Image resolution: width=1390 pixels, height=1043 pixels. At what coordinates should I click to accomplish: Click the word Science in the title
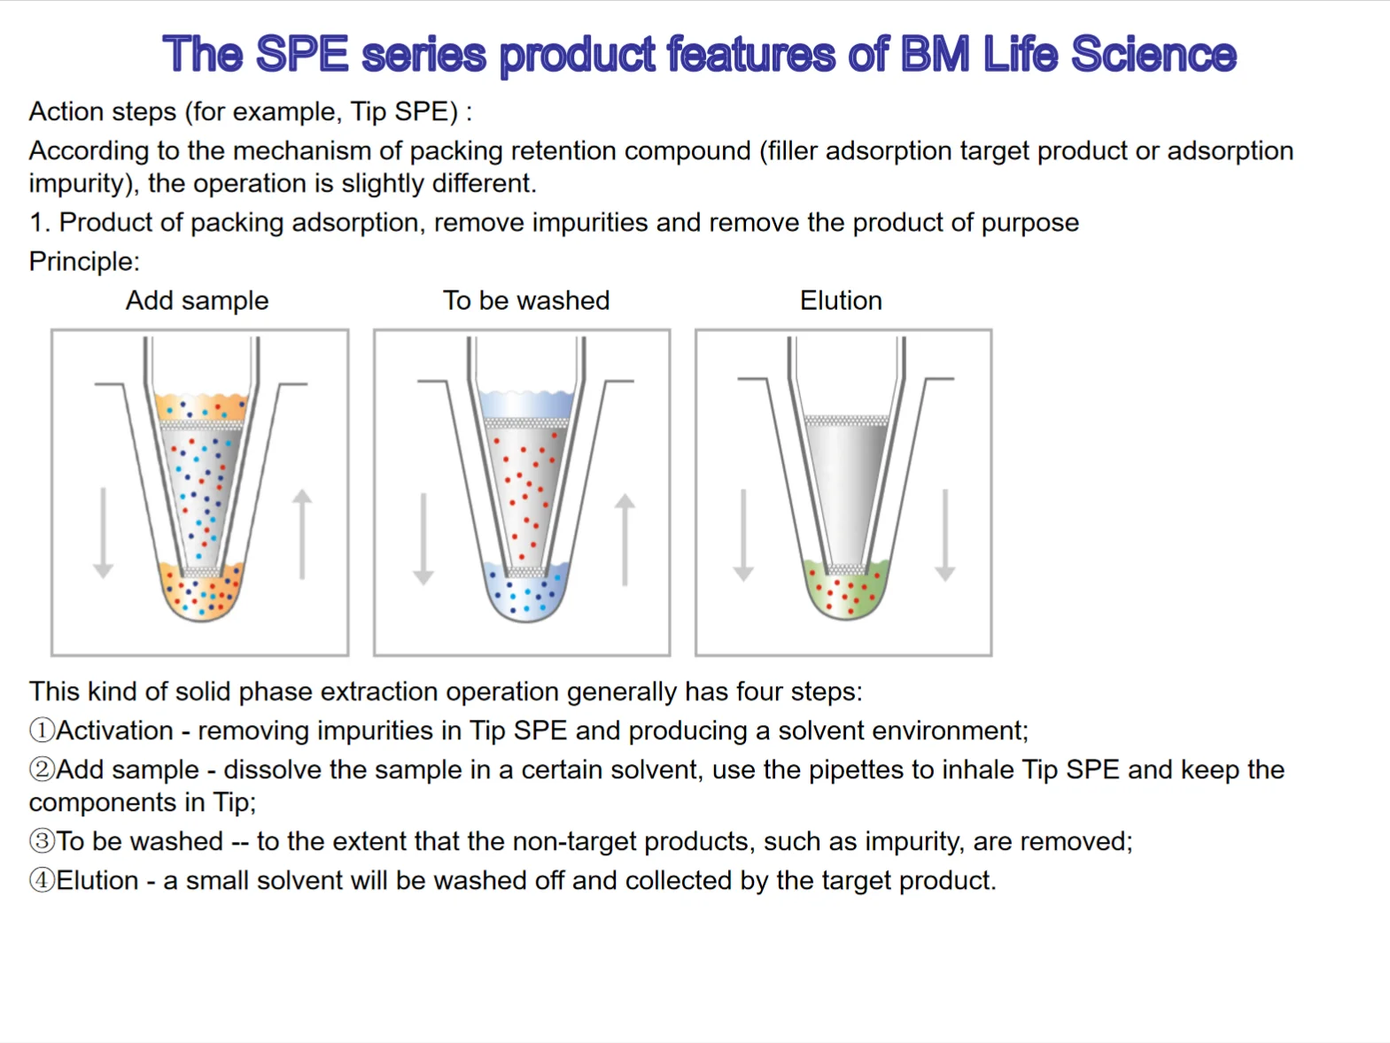[1153, 55]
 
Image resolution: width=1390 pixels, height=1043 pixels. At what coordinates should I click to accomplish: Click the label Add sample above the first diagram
[197, 301]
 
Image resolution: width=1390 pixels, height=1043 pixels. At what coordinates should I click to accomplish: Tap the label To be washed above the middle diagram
[526, 301]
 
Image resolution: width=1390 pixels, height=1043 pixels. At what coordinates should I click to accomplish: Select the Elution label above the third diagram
[841, 301]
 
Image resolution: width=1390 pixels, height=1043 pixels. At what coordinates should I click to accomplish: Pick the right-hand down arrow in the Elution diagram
[945, 535]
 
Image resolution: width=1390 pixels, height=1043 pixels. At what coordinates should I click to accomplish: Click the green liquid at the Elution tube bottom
[846, 591]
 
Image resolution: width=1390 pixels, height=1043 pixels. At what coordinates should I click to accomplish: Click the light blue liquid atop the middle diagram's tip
[526, 404]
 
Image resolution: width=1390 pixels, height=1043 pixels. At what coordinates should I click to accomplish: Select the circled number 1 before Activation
[42, 730]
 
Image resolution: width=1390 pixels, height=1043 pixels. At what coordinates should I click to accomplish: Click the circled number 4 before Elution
[42, 880]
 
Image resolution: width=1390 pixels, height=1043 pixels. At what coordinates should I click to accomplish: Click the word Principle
[83, 262]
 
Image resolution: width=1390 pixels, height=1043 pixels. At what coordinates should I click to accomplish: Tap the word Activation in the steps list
[115, 730]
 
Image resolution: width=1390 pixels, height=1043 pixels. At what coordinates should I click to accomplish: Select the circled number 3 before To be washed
[42, 841]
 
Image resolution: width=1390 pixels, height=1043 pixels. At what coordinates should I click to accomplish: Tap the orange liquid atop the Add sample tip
[201, 407]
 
